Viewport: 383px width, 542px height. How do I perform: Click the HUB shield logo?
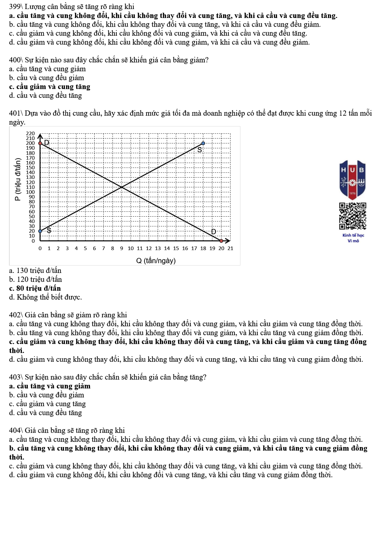pyautogui.click(x=352, y=180)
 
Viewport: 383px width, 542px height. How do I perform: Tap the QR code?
pyautogui.click(x=352, y=216)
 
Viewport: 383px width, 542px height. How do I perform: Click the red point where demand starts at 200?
pyautogui.click(x=40, y=143)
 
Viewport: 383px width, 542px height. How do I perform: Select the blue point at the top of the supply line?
pyautogui.click(x=203, y=143)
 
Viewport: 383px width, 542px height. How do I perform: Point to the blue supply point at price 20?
pyautogui.click(x=40, y=231)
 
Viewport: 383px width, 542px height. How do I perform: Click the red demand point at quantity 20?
pyautogui.click(x=221, y=241)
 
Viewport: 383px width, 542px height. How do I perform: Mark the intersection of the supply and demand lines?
pyautogui.click(x=122, y=187)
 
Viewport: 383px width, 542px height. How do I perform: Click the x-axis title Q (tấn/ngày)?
pyautogui.click(x=156, y=260)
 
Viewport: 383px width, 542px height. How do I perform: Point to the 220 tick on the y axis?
pyautogui.click(x=30, y=133)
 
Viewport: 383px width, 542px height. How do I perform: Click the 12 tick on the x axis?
pyautogui.click(x=149, y=248)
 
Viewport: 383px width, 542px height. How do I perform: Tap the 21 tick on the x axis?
pyautogui.click(x=230, y=248)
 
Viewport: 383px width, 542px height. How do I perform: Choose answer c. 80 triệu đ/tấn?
pyautogui.click(x=35, y=288)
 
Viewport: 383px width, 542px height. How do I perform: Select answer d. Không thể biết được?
pyautogui.click(x=45, y=297)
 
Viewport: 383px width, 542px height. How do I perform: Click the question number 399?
pyautogui.click(x=15, y=6)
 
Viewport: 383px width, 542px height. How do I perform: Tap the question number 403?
pyautogui.click(x=15, y=377)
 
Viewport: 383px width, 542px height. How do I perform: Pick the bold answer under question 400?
pyautogui.click(x=50, y=87)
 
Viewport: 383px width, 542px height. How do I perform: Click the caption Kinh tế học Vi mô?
pyautogui.click(x=353, y=238)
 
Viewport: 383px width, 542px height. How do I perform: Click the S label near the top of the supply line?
pyautogui.click(x=200, y=150)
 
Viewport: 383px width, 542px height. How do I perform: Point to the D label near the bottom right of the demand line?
pyautogui.click(x=213, y=232)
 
